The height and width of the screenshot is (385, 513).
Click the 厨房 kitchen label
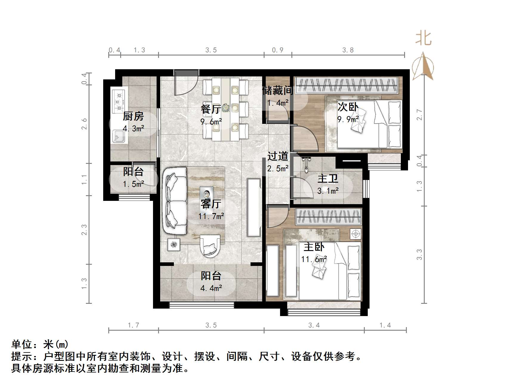[x=133, y=116]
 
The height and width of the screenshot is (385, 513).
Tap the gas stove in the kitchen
[x=119, y=100]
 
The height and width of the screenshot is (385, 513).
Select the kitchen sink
[x=118, y=137]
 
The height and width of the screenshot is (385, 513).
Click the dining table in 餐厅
[x=225, y=109]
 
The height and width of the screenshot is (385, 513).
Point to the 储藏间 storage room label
[x=277, y=90]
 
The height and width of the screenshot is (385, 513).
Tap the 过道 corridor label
[x=278, y=156]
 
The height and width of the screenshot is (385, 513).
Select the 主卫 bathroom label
[x=328, y=178]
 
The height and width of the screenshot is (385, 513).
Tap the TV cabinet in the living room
[x=254, y=207]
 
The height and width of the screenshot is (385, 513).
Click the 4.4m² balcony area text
[x=211, y=288]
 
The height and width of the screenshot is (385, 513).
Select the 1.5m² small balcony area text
[x=133, y=184]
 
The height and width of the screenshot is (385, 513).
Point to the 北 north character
[x=423, y=38]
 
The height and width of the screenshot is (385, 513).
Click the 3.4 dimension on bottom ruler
[x=314, y=325]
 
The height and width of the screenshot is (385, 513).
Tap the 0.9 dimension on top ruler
[x=277, y=50]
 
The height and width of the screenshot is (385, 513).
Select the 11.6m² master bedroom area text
[x=314, y=259]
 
